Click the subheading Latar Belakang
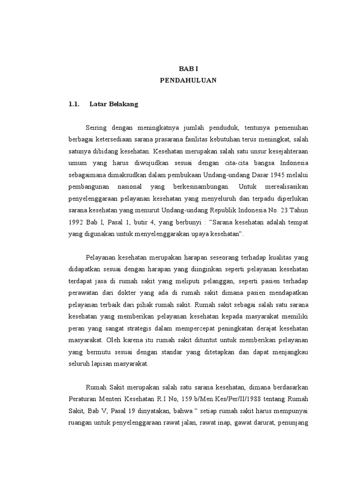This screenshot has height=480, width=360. click(114, 104)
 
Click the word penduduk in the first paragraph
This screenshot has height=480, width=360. click(224, 128)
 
